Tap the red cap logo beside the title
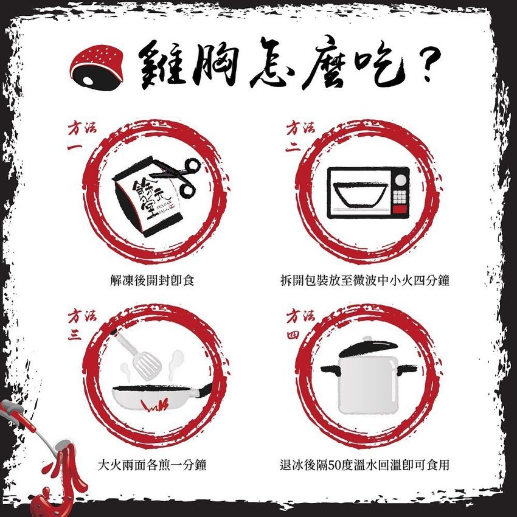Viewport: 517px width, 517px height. click(x=96, y=68)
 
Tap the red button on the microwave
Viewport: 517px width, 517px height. click(x=400, y=209)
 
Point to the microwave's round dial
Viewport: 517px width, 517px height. click(x=401, y=179)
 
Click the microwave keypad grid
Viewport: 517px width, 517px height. click(x=400, y=196)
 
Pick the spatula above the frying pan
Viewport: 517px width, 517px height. click(x=138, y=355)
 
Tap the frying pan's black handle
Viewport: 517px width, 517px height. click(x=205, y=389)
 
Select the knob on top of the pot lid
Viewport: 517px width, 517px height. click(x=367, y=339)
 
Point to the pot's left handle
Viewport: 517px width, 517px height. click(x=330, y=369)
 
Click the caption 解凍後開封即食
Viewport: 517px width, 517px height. click(x=152, y=280)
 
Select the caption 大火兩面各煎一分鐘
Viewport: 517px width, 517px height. click(x=152, y=465)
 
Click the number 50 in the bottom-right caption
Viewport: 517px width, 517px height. click(x=334, y=465)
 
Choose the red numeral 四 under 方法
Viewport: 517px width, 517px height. click(x=293, y=335)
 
